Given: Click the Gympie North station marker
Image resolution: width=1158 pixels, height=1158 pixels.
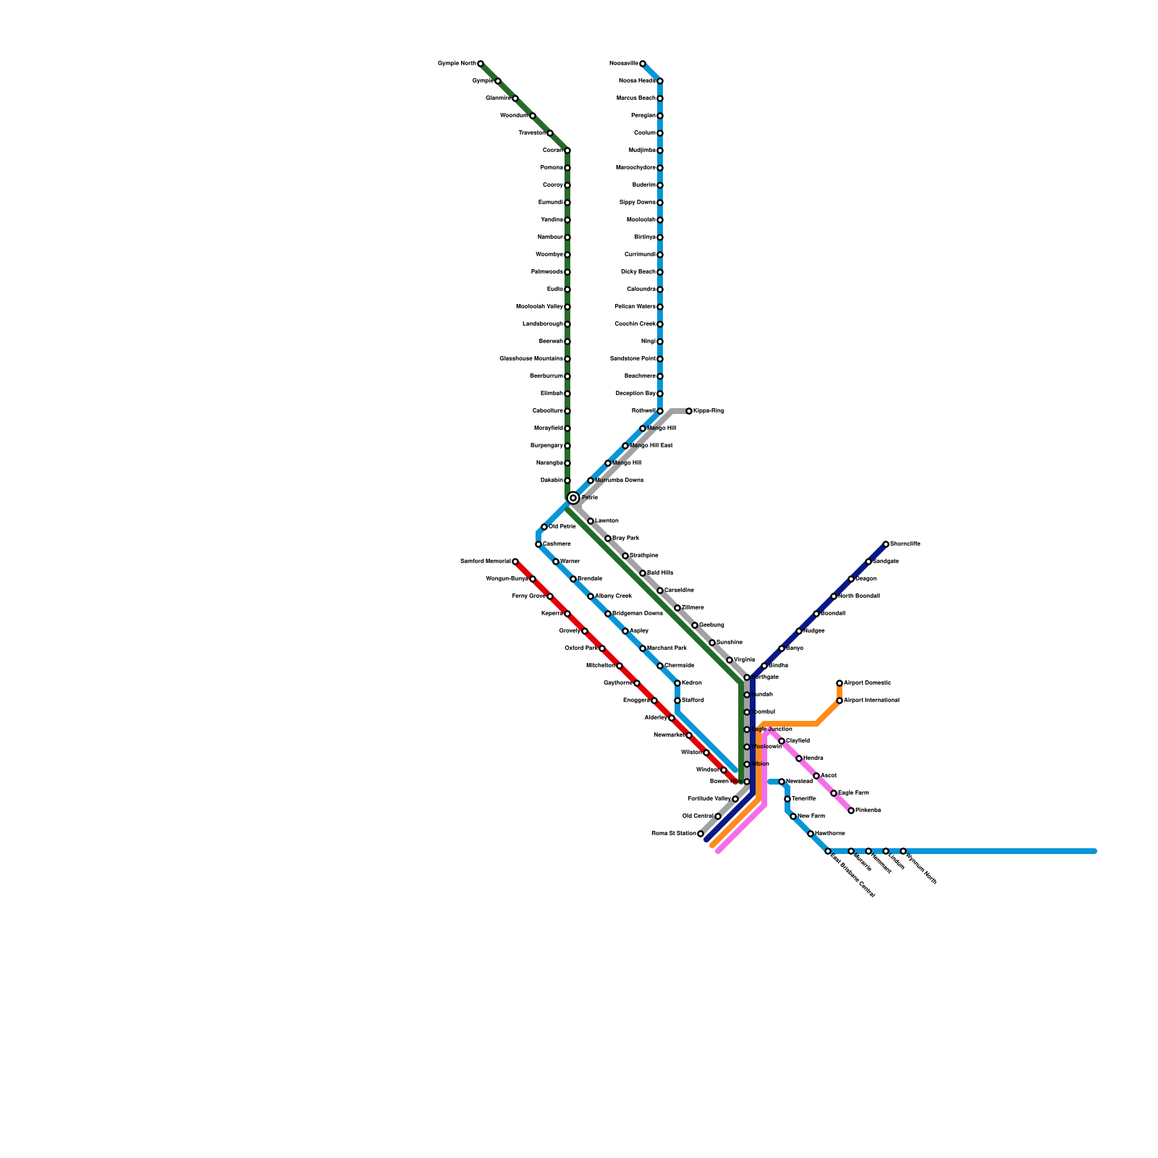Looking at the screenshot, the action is (x=480, y=64).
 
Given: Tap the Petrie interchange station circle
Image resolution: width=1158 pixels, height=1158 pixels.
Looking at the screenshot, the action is (x=573, y=498).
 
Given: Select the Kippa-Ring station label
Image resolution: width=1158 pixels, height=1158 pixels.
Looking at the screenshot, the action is (x=709, y=411).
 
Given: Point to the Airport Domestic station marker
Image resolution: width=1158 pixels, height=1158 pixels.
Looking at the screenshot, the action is (x=840, y=683).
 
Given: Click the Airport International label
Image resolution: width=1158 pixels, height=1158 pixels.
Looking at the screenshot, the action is (x=871, y=701).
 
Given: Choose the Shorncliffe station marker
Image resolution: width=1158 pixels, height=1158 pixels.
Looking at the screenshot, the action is (x=886, y=544).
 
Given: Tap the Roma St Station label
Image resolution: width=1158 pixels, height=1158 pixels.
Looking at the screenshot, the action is (x=674, y=834).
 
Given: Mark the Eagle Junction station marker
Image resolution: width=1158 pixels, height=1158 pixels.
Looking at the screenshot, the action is (x=747, y=730).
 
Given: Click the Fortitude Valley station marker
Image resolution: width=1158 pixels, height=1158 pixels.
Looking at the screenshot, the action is (x=735, y=799).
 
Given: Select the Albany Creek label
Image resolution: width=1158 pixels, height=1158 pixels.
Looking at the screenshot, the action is (x=613, y=596).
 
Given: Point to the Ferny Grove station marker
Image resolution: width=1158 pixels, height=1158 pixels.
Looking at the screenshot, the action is (x=550, y=596).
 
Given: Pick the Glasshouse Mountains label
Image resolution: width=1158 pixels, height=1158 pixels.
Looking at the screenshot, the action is (x=531, y=359).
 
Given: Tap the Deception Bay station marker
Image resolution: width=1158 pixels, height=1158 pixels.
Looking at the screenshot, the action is (x=660, y=394).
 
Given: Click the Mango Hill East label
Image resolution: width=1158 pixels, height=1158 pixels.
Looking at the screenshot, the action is (x=651, y=446).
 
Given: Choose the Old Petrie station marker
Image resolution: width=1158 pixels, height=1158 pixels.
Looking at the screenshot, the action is (x=544, y=527).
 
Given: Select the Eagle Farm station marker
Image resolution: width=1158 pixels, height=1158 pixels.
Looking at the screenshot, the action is (x=834, y=793).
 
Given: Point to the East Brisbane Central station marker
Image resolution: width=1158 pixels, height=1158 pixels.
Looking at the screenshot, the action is (x=828, y=851).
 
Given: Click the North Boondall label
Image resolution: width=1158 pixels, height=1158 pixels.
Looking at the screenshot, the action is (x=859, y=596).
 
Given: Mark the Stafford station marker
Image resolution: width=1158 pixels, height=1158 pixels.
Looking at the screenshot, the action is (x=677, y=701).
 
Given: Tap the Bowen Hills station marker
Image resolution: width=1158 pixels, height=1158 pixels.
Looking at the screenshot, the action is (x=747, y=782).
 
